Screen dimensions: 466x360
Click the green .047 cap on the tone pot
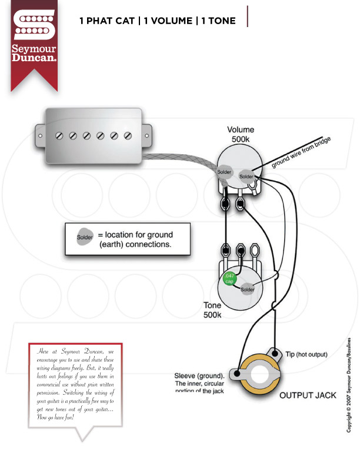tap(227, 278)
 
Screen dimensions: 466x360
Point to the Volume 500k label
tap(241, 135)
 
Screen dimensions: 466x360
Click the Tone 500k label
tap(212, 310)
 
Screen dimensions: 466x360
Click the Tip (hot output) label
tap(306, 355)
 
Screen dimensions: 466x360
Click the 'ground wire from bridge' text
tap(301, 153)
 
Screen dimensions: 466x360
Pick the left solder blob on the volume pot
tap(225, 172)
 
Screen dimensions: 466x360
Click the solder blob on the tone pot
tap(248, 289)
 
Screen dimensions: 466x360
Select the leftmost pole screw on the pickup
tap(59, 136)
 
